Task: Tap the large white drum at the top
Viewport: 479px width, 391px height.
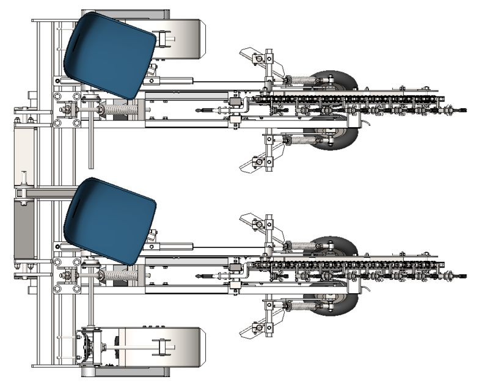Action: pos(180,37)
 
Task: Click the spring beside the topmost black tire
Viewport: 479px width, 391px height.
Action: pos(299,80)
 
